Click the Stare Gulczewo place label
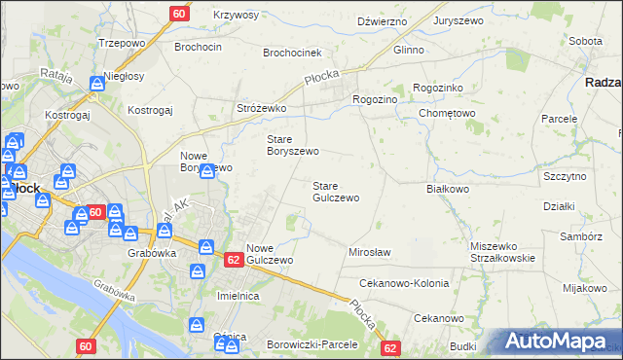[335, 192]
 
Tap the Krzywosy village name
[235, 15]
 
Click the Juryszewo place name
[459, 20]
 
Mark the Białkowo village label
[448, 189]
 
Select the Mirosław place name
[369, 252]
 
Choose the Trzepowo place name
[122, 44]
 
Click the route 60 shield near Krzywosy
[179, 14]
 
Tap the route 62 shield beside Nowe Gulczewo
[233, 260]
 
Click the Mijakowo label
[584, 288]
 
